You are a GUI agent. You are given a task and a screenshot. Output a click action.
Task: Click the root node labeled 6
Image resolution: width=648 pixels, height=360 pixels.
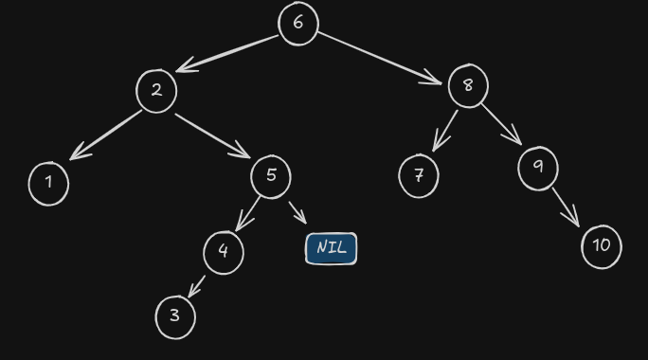(x=298, y=24)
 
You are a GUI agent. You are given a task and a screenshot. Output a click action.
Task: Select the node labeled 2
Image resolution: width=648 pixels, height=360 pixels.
(x=156, y=91)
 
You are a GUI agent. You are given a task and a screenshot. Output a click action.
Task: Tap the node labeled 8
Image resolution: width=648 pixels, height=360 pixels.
(x=467, y=86)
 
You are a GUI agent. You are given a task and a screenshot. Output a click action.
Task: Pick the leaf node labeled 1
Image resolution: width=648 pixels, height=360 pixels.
(x=48, y=183)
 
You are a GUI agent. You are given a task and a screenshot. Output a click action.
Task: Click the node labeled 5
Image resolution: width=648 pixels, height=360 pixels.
(x=271, y=176)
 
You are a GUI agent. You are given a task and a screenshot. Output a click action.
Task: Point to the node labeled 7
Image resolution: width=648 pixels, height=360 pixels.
(x=419, y=176)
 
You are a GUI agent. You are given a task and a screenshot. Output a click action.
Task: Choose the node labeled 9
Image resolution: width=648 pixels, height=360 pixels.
(x=538, y=168)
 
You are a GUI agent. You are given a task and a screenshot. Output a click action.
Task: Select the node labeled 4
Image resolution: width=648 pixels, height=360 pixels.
(x=224, y=252)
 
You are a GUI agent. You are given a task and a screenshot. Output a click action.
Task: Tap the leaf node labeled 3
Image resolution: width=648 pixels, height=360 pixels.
(x=175, y=316)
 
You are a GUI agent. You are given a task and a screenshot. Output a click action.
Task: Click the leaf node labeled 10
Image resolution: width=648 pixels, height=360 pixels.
(x=602, y=246)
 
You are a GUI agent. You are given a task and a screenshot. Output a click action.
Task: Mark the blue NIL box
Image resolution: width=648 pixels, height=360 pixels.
(x=332, y=248)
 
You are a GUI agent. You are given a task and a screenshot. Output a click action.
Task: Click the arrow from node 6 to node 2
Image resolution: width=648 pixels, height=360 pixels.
(x=228, y=53)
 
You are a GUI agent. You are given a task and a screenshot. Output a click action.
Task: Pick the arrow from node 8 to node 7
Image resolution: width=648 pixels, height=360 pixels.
(x=444, y=131)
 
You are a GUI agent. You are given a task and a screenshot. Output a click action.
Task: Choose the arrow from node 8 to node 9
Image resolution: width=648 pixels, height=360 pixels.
(x=501, y=123)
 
